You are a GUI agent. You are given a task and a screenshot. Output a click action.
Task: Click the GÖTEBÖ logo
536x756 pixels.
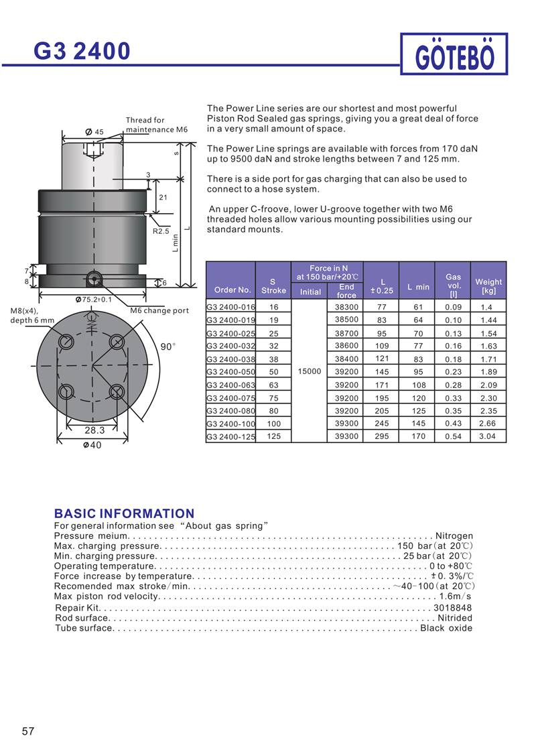(454, 56)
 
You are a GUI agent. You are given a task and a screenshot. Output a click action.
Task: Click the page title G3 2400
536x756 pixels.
(82, 51)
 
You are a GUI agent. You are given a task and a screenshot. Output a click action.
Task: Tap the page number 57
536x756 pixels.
(28, 731)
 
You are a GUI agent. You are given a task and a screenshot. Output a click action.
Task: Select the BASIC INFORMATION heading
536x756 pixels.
(124, 513)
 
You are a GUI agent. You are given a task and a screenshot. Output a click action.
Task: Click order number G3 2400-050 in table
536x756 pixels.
(231, 372)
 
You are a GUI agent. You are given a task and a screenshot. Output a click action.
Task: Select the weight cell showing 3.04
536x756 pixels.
(488, 436)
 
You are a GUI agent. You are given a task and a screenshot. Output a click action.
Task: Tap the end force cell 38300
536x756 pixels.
(346, 307)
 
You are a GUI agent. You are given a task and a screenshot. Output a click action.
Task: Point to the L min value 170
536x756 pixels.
(418, 436)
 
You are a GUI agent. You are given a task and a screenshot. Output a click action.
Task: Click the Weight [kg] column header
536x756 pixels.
(488, 286)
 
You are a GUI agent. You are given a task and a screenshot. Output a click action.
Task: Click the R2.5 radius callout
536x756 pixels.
(161, 231)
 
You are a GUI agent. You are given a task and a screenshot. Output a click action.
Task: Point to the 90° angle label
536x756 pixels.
(167, 346)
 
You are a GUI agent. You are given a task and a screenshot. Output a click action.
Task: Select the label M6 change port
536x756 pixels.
(159, 311)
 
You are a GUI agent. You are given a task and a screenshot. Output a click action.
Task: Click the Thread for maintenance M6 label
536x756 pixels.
(157, 125)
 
